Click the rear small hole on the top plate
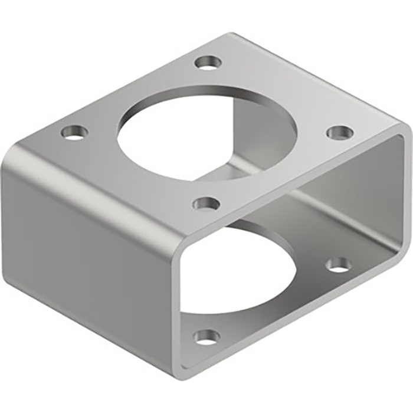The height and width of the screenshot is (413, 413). coord(208,62)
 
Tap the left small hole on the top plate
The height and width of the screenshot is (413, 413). coord(74,132)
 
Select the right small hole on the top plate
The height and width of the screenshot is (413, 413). coord(340,132)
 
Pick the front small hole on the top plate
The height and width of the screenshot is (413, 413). coord(206,204)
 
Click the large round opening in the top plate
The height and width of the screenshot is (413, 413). coord(195,133)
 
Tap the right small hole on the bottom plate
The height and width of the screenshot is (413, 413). coord(339,265)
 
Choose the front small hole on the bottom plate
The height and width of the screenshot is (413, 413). coord(206,337)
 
